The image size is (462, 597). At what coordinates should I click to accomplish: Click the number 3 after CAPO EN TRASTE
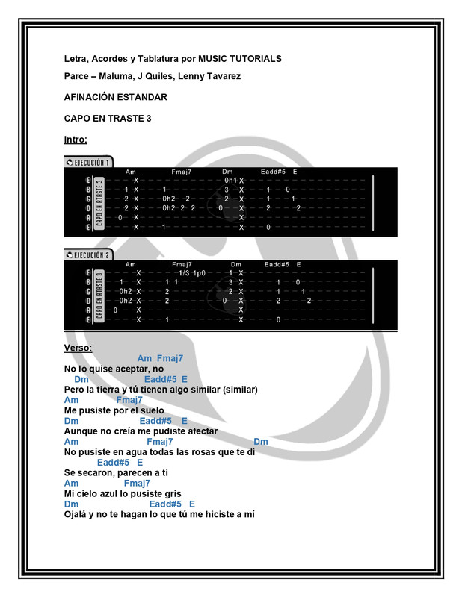[x=149, y=119]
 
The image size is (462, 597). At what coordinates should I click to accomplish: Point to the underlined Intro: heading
[x=76, y=140]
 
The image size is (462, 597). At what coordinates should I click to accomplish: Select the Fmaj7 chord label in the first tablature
[x=181, y=172]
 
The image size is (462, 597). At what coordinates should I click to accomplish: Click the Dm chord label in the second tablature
[x=236, y=264]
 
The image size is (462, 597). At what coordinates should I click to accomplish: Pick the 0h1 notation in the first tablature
[x=230, y=180]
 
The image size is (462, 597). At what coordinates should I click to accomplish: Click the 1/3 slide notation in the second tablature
[x=184, y=273]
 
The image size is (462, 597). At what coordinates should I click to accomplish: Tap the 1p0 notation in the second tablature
[x=199, y=273]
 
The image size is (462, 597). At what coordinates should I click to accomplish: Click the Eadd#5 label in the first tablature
[x=273, y=172]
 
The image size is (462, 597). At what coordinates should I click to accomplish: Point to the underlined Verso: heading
[x=78, y=348]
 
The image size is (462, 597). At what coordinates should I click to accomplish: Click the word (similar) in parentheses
[x=240, y=390]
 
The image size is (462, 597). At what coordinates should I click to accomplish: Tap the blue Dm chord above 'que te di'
[x=261, y=442]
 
